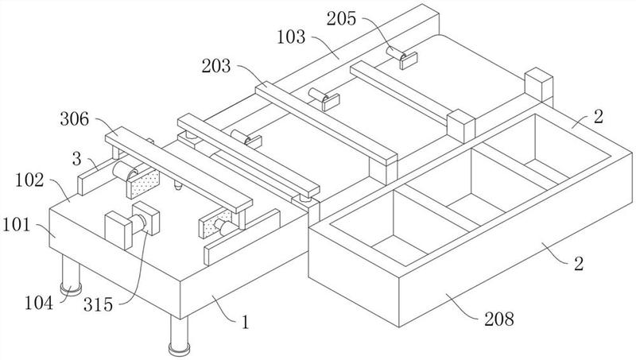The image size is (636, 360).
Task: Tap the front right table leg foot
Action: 177,347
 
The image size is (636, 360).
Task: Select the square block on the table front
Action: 120,230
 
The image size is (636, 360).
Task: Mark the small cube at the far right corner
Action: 539,83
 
